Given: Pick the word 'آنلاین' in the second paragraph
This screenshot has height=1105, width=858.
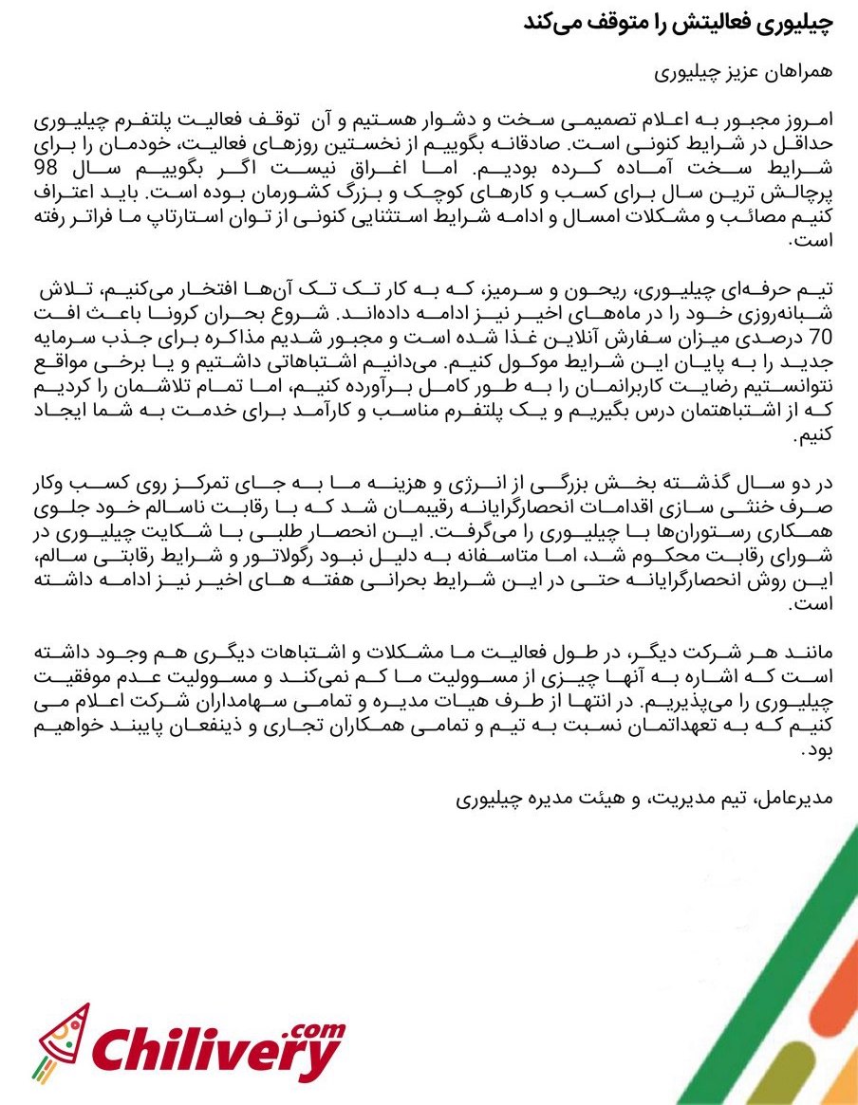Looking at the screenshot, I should [522, 336].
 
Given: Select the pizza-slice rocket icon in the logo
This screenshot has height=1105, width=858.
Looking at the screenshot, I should [59, 1042].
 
